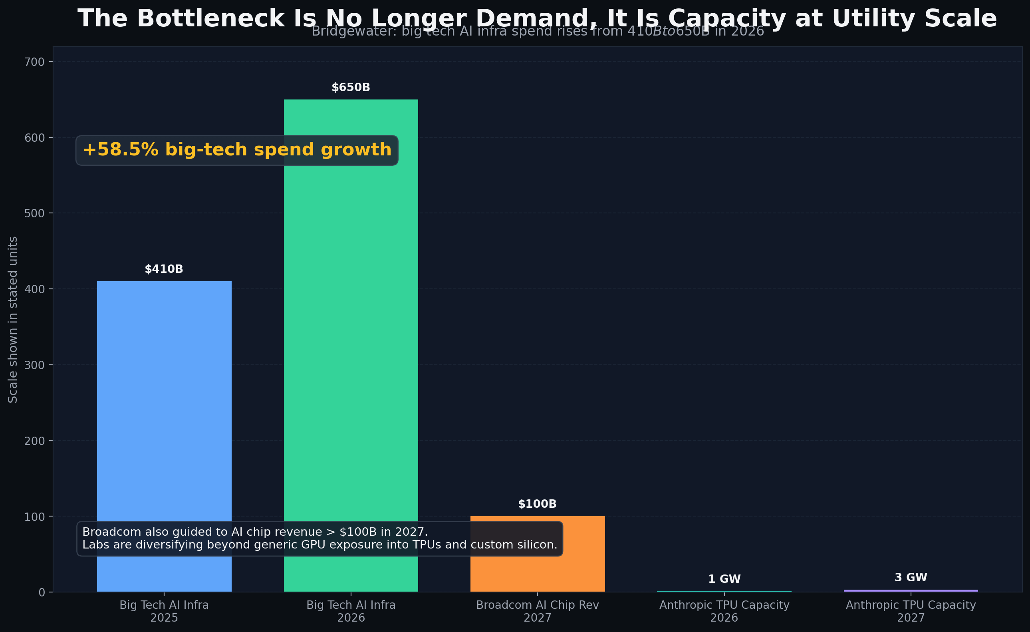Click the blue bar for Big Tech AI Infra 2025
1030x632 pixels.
click(164, 401)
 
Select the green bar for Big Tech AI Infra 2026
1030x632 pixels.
click(351, 335)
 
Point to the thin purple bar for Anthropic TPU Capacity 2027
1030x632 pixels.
click(911, 590)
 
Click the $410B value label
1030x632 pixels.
click(164, 269)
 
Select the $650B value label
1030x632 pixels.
click(351, 87)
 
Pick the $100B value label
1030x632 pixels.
click(537, 504)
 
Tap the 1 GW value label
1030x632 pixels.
click(724, 579)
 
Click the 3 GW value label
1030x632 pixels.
click(911, 578)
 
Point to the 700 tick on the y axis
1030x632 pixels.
click(34, 62)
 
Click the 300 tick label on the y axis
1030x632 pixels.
click(34, 365)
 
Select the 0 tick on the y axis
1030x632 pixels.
click(42, 592)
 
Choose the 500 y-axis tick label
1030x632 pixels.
click(34, 213)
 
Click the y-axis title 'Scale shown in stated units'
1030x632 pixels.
click(13, 320)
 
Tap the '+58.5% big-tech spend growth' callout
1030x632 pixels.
click(236, 150)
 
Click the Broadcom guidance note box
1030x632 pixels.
click(320, 539)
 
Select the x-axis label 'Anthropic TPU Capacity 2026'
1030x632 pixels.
click(724, 611)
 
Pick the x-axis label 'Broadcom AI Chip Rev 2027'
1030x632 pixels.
click(537, 611)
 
